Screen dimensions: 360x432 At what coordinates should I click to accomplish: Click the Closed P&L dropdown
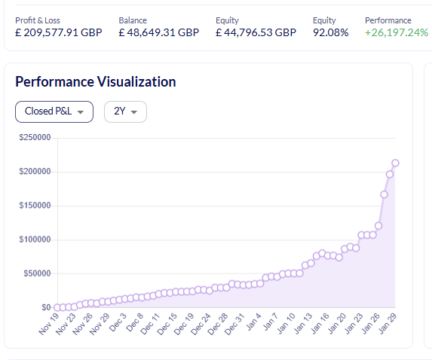pyautogui.click(x=54, y=111)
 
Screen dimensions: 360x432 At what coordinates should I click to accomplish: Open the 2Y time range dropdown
pyautogui.click(x=125, y=111)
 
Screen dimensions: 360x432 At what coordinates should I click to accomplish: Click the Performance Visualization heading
pyautogui.click(x=96, y=81)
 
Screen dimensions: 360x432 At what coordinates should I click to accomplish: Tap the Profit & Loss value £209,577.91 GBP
pyautogui.click(x=59, y=33)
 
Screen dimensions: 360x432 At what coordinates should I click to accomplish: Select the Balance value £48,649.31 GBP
pyautogui.click(x=159, y=33)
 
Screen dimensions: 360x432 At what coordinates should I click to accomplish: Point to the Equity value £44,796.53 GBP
pyautogui.click(x=256, y=33)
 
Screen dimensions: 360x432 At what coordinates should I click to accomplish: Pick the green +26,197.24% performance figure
pyautogui.click(x=397, y=33)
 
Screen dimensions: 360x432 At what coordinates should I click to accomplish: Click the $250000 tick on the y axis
pyautogui.click(x=34, y=138)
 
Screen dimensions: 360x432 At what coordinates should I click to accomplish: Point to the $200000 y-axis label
pyautogui.click(x=34, y=172)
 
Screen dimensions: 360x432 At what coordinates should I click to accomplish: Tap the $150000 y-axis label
pyautogui.click(x=34, y=206)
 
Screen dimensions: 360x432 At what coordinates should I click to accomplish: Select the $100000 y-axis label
pyautogui.click(x=34, y=239)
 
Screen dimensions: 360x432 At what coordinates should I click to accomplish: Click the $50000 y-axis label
pyautogui.click(x=35, y=273)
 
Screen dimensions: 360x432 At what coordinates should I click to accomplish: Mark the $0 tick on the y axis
pyautogui.click(x=45, y=307)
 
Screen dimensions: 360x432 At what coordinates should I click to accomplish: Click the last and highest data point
pyautogui.click(x=395, y=163)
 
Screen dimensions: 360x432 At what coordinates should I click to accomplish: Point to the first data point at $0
pyautogui.click(x=57, y=307)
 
